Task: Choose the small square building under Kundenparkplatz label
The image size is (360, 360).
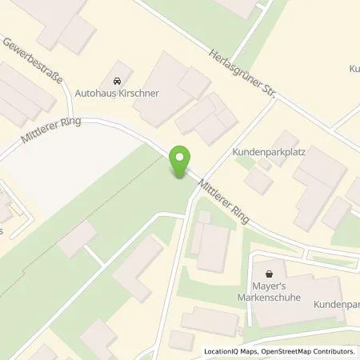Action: [x=258, y=182]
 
